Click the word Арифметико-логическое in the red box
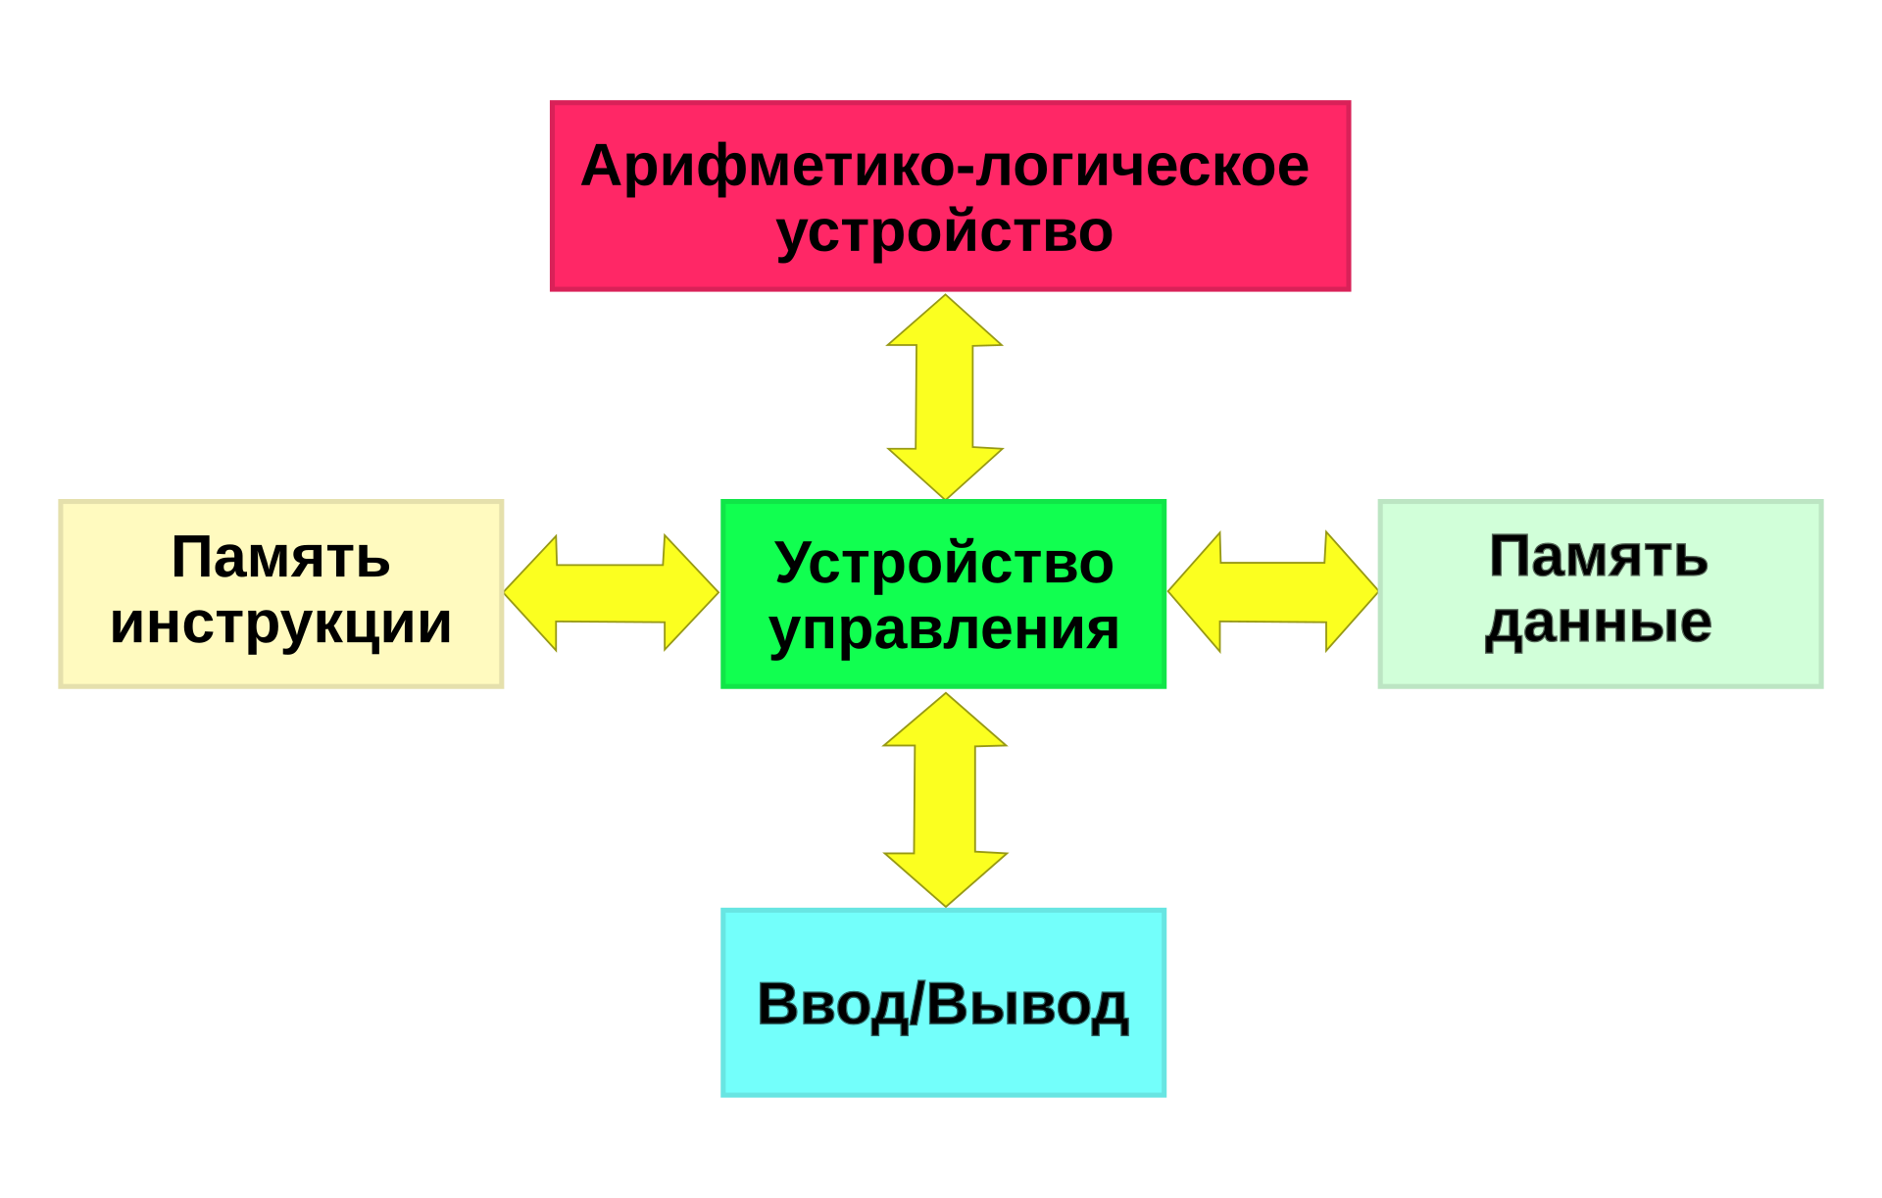(944, 167)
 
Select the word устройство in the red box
(944, 233)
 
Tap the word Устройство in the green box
(944, 564)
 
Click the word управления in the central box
(944, 630)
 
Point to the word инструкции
(281, 624)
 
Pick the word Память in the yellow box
(281, 558)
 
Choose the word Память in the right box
(1599, 557)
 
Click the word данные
(1599, 624)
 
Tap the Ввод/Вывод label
(943, 1005)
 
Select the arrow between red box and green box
(945, 397)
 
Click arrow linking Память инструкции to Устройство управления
(612, 593)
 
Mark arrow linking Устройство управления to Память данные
(1272, 592)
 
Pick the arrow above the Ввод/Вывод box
(945, 799)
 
